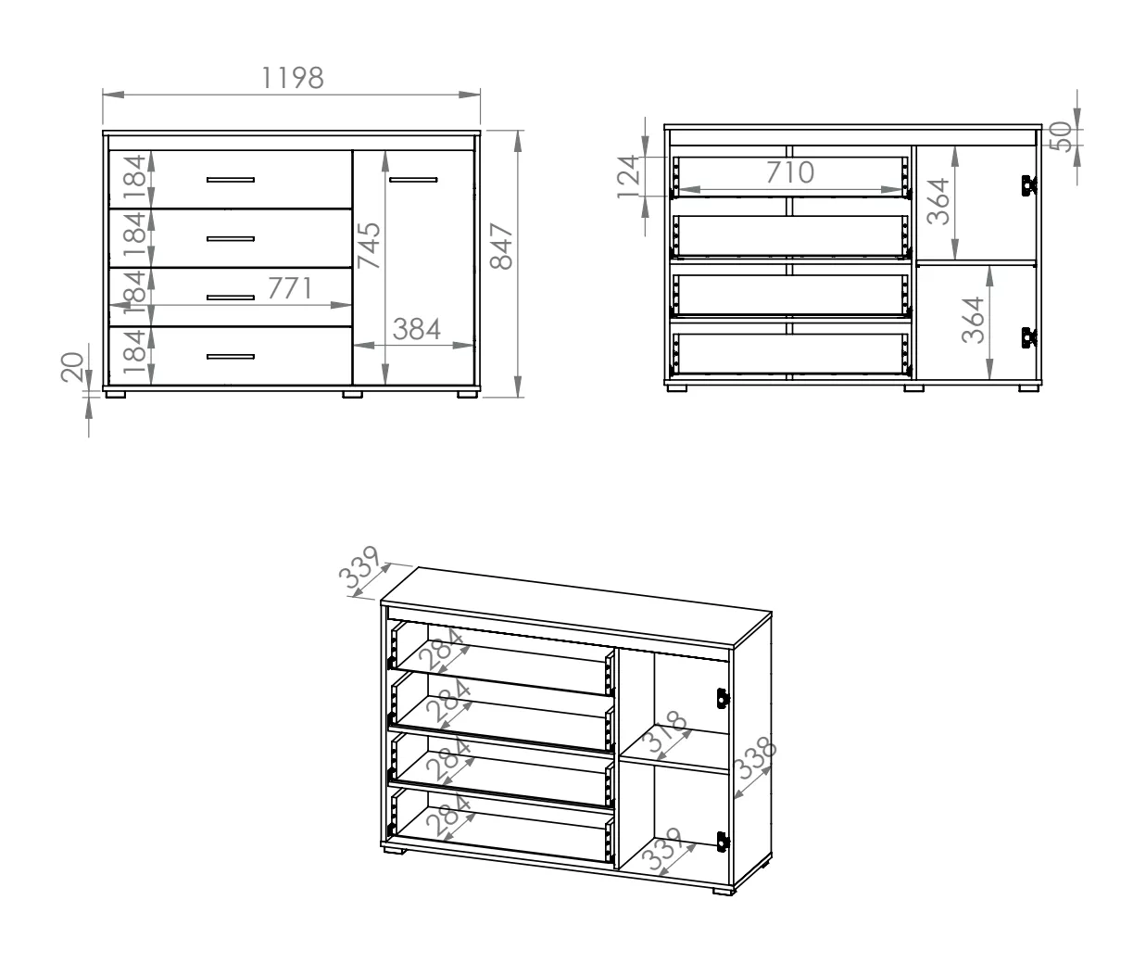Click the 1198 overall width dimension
click(x=293, y=78)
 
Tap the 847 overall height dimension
click(x=501, y=247)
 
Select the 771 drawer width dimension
click(x=290, y=288)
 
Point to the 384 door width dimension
click(x=417, y=329)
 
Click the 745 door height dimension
click(x=369, y=246)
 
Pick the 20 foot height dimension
click(x=72, y=367)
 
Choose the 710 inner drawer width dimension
click(x=790, y=172)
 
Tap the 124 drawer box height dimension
click(x=629, y=177)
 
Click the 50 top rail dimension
click(x=1061, y=136)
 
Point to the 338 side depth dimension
click(x=755, y=758)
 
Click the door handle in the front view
click(x=413, y=180)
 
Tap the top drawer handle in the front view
click(x=231, y=180)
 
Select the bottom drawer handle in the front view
click(x=231, y=356)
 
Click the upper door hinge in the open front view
click(x=1029, y=185)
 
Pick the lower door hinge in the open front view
click(x=1029, y=337)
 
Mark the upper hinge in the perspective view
click(x=723, y=698)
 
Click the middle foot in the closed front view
click(x=352, y=394)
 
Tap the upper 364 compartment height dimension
click(x=938, y=201)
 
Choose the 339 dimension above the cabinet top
click(x=359, y=567)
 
